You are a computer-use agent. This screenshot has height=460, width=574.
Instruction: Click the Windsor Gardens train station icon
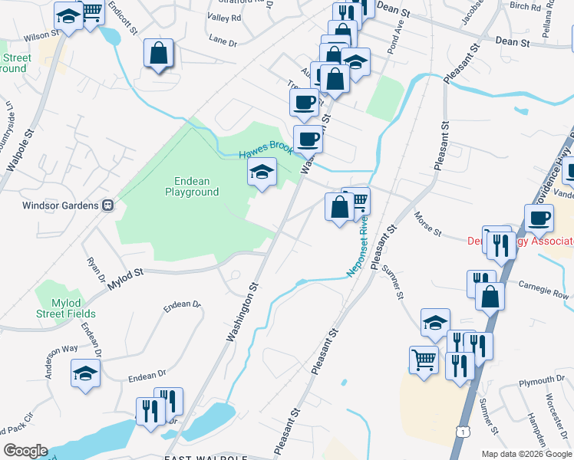click(x=108, y=205)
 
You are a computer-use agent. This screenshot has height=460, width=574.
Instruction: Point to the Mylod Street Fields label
click(x=65, y=308)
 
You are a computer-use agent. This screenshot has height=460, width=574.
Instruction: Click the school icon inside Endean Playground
click(x=262, y=172)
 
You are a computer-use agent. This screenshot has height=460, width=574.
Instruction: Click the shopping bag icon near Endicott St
click(x=159, y=54)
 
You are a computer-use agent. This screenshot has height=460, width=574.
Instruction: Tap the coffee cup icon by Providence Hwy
click(x=539, y=218)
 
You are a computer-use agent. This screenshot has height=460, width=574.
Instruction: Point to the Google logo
click(x=25, y=451)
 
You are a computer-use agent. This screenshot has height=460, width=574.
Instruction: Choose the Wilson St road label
click(x=41, y=35)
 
